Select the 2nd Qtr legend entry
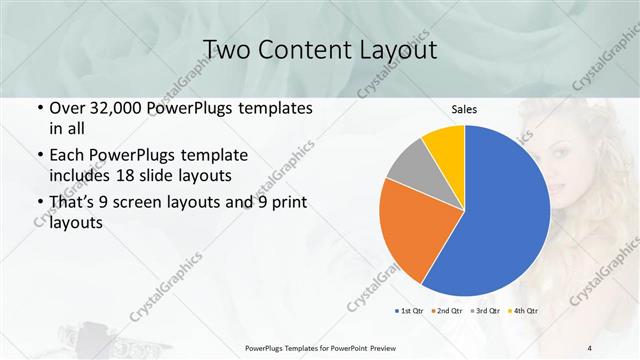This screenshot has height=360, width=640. (446, 311)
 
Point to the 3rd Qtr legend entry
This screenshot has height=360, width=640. (487, 311)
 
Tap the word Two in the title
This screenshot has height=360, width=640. (226, 49)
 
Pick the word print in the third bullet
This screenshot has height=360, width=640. (287, 204)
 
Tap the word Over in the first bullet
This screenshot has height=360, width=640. (66, 108)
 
